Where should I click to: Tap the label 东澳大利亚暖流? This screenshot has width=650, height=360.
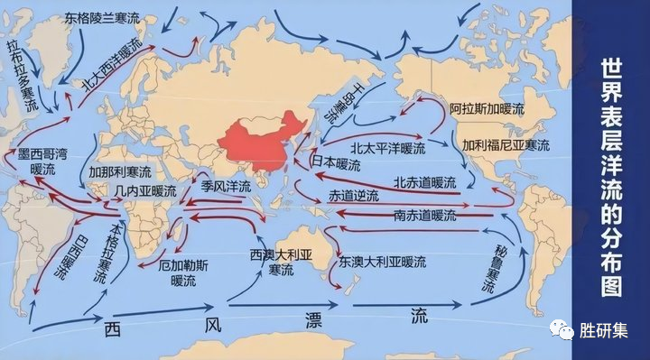click(382, 261)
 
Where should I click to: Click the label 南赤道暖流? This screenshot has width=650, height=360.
click(425, 217)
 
